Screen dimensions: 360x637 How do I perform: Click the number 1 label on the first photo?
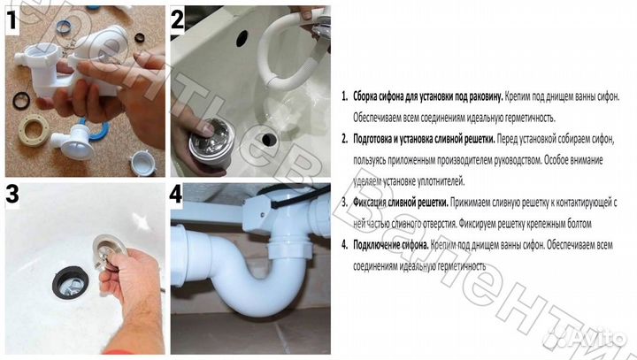coord(15,19)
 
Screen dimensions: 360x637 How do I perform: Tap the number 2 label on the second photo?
coord(177,19)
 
